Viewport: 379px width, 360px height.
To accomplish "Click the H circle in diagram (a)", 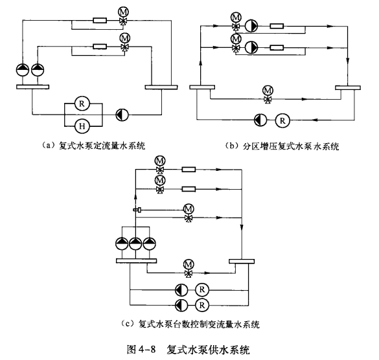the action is coord(82,126).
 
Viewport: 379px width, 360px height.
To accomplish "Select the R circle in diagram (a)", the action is coord(82,104).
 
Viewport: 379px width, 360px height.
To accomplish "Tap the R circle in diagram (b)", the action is coord(282,120).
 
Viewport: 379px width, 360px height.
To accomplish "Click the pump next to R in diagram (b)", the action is coord(260,120).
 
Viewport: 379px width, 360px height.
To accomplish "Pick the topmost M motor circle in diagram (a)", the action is coord(123,12).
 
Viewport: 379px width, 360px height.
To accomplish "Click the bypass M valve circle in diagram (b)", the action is coord(268,91).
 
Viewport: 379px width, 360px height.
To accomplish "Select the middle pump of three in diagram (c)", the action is coord(135,244).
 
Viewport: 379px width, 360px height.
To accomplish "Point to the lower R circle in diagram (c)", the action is coord(202,305).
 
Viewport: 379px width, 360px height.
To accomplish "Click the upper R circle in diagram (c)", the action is coord(202,289).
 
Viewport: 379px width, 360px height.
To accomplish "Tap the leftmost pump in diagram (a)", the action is coord(23,71).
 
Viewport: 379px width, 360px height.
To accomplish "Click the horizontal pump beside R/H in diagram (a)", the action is coord(122,115).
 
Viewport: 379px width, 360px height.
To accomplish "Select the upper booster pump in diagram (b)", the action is coord(251,26).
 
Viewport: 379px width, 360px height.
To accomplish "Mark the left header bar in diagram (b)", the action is coord(202,87).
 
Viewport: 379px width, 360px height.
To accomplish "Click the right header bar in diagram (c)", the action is coord(242,261).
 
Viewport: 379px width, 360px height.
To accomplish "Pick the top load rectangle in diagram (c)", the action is coord(189,170).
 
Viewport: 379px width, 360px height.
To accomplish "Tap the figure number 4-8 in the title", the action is coord(147,350).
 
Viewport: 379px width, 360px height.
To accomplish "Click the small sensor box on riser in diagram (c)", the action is coord(137,210).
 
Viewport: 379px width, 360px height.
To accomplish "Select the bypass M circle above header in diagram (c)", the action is coord(189,265).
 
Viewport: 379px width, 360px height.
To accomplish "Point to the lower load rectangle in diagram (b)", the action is coord(277,47).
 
